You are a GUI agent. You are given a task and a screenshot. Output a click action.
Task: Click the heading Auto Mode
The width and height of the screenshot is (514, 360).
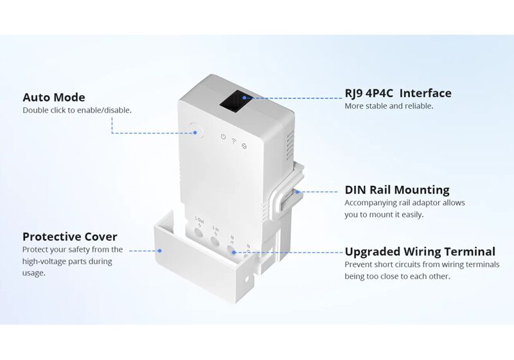click(x=54, y=98)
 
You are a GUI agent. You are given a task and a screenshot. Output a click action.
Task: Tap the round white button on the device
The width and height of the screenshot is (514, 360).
click(x=195, y=132)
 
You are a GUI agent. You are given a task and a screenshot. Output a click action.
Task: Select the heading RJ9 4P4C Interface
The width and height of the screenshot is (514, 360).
click(x=398, y=93)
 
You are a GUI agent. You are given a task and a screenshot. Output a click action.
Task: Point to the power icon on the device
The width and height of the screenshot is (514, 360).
click(x=222, y=137)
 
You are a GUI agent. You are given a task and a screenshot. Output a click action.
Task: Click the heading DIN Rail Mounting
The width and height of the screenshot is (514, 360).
click(x=397, y=190)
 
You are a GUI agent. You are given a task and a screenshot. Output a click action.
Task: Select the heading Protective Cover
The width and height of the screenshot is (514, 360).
click(x=70, y=236)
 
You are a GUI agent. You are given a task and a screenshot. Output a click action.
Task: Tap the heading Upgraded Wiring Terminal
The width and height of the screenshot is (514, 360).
click(x=420, y=251)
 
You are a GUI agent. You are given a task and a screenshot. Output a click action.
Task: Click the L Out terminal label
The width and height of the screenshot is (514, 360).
click(x=200, y=221)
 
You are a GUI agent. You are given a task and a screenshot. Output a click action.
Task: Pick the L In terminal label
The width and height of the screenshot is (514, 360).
click(x=216, y=228)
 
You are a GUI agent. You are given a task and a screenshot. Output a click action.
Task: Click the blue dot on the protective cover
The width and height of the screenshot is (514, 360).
click(x=161, y=251)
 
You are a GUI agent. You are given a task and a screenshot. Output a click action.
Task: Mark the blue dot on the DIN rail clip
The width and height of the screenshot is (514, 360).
click(x=297, y=191)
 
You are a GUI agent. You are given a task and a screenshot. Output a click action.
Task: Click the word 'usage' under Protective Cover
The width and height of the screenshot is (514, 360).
click(x=33, y=273)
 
